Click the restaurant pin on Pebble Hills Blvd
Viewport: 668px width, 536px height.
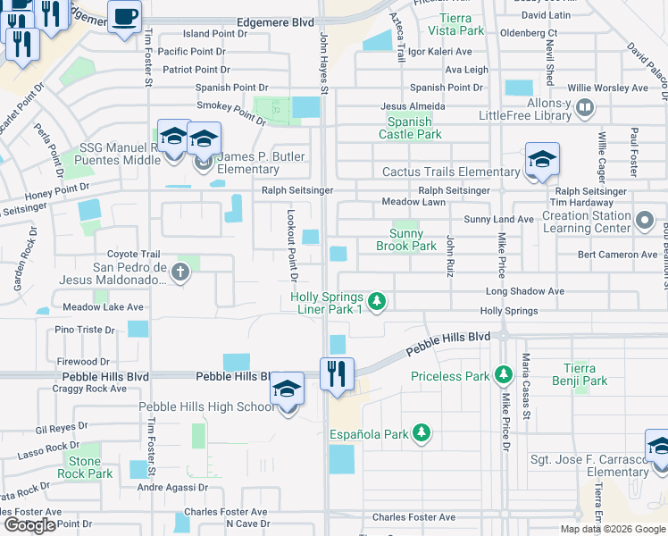pos(337,373)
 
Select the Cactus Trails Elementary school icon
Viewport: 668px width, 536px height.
pos(542,159)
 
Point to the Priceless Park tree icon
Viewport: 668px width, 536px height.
pos(503,373)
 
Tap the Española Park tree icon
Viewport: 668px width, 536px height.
pos(422,434)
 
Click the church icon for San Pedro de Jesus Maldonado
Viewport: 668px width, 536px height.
pos(180,272)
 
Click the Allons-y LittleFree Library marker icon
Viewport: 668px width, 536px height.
pos(585,109)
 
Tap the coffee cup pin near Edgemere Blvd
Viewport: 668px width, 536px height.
pos(124,15)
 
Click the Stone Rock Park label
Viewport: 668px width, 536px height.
pos(86,466)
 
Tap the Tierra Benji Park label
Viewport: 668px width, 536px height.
pos(585,374)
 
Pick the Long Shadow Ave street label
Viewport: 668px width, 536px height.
pos(524,291)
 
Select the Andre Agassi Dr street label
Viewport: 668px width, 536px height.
pos(171,488)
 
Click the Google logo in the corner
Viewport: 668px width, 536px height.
pos(29,525)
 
